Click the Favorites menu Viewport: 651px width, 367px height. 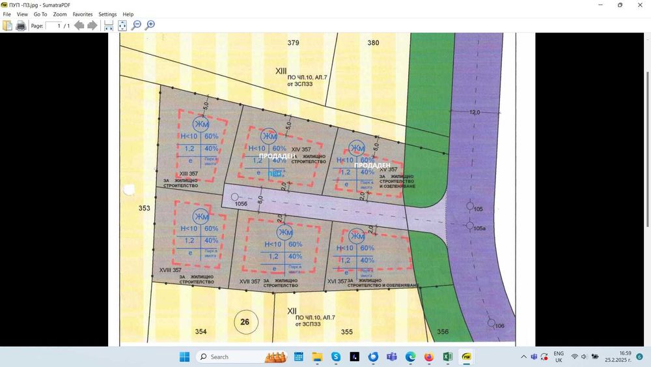pyautogui.click(x=82, y=14)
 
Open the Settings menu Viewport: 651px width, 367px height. pyautogui.click(x=107, y=14)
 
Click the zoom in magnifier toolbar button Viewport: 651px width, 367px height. pyautogui.click(x=150, y=25)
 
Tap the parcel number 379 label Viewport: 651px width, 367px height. pyautogui.click(x=294, y=43)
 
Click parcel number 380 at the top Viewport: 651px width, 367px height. pyautogui.click(x=373, y=43)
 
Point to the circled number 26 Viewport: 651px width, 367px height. pyautogui.click(x=245, y=321)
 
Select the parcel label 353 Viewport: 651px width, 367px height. pyautogui.click(x=144, y=209)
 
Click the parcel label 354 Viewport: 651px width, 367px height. pyautogui.click(x=201, y=332)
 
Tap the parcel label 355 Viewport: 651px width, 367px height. pyautogui.click(x=346, y=332)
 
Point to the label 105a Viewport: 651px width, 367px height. pyautogui.click(x=480, y=229)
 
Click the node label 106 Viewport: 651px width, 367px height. pyautogui.click(x=499, y=325)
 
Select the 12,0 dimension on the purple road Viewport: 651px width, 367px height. pyautogui.click(x=474, y=112)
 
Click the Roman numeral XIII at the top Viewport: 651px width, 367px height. pyautogui.click(x=281, y=70)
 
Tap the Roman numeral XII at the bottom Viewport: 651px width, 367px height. pyautogui.click(x=292, y=312)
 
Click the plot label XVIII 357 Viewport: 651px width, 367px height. pyautogui.click(x=170, y=270)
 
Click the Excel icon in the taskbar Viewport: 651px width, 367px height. pyautogui.click(x=448, y=357)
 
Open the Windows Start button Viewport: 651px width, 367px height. pyautogui.click(x=184, y=357)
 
